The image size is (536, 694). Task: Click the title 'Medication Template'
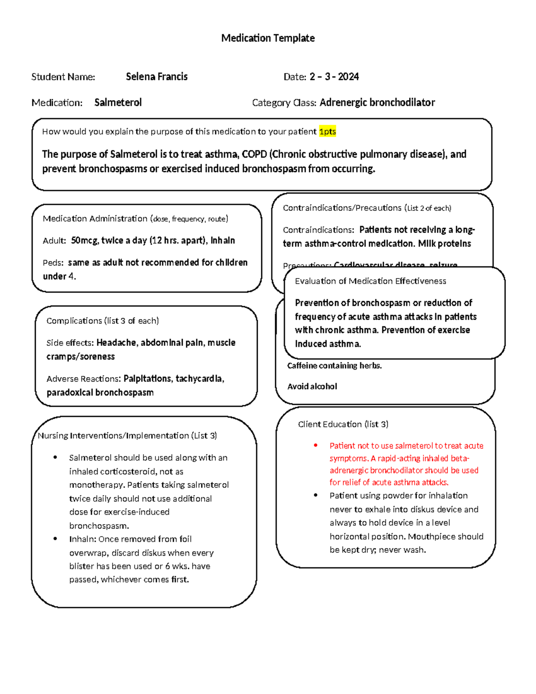[268, 38]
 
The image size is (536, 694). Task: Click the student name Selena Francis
[156, 76]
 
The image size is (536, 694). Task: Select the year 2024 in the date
[348, 76]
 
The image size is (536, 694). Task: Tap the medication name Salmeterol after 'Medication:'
[118, 102]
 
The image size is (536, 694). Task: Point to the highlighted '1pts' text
[327, 131]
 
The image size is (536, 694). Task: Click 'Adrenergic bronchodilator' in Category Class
[377, 102]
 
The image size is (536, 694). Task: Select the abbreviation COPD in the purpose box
[254, 154]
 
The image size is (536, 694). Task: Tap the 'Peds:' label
[53, 263]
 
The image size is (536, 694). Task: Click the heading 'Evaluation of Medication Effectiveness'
[370, 281]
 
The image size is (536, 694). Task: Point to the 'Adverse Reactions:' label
[84, 379]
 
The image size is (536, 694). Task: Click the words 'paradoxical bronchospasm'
[100, 392]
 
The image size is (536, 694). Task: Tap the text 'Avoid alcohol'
[312, 387]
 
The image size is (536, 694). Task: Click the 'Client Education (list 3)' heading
[343, 424]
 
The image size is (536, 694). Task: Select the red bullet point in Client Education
[316, 445]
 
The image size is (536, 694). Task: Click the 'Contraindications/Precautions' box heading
[342, 208]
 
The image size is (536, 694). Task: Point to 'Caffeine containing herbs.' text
[334, 366]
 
